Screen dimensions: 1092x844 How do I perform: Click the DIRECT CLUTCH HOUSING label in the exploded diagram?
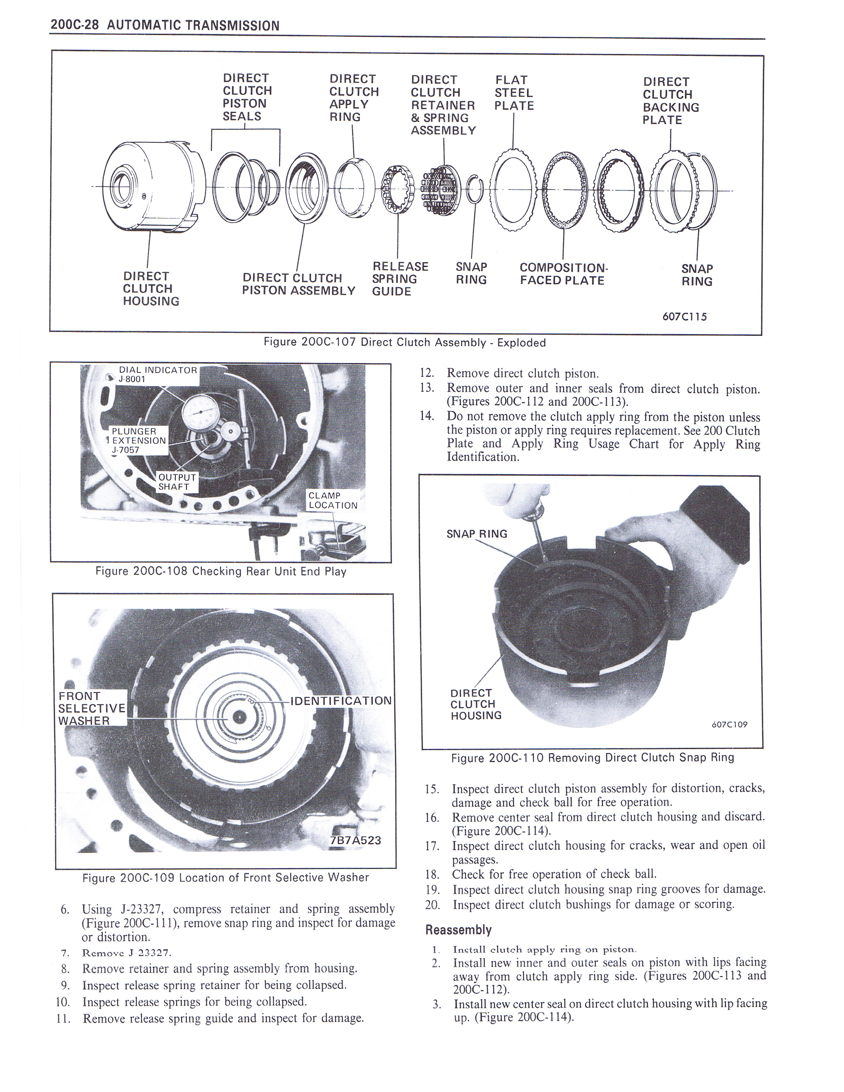click(151, 289)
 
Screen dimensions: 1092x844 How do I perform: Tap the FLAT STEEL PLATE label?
click(514, 93)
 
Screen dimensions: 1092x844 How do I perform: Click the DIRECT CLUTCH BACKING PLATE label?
click(671, 101)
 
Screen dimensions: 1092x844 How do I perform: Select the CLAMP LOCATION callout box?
click(333, 500)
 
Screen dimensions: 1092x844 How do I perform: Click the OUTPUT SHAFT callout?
click(177, 482)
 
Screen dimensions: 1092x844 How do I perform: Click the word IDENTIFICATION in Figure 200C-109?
click(341, 701)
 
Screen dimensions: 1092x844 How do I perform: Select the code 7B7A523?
click(355, 840)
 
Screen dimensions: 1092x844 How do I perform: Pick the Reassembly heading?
click(458, 930)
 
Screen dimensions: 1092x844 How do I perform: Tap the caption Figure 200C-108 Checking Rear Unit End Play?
click(220, 571)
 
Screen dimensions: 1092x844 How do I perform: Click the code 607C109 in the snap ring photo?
click(729, 724)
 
